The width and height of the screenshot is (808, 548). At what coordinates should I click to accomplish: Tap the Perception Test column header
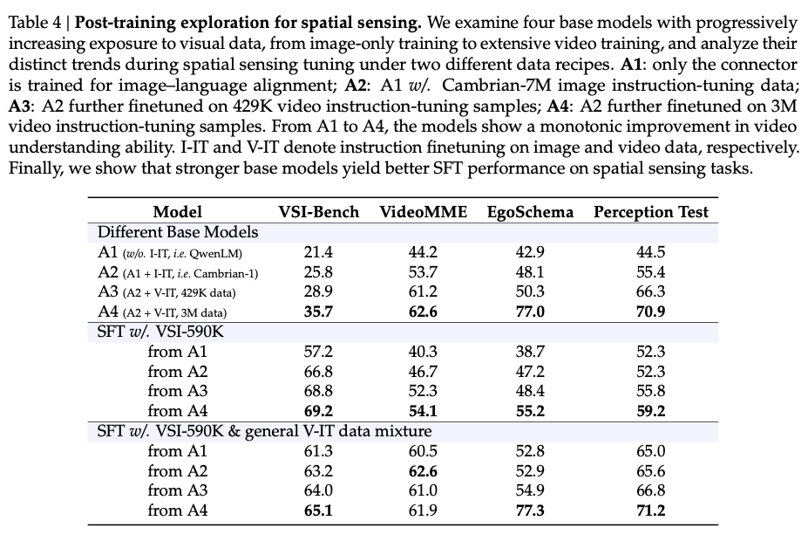(651, 212)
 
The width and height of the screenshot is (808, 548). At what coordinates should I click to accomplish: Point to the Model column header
(177, 212)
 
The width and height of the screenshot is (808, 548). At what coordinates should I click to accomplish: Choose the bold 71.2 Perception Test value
(651, 511)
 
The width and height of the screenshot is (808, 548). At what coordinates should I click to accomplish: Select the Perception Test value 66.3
(651, 293)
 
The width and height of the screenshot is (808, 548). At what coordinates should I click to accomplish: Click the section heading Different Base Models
(178, 232)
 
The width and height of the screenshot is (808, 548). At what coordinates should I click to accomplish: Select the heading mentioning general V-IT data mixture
(264, 431)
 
